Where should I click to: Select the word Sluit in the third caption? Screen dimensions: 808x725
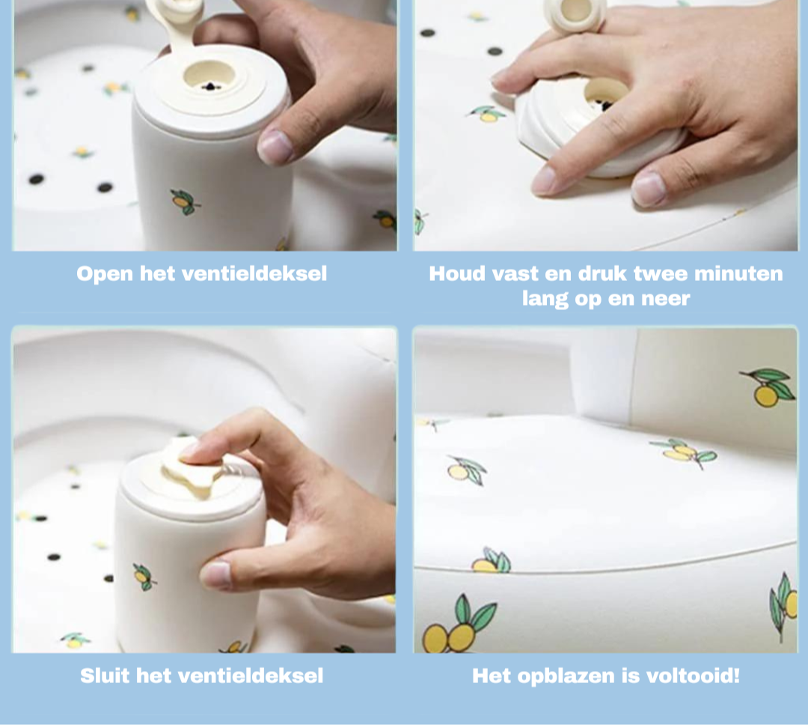click(x=105, y=676)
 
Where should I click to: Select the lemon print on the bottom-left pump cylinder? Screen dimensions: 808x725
click(x=144, y=577)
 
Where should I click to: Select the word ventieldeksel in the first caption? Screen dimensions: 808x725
click(x=255, y=274)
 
